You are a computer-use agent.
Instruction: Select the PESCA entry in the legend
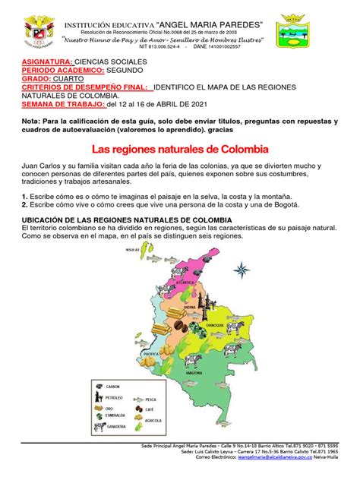tap(151, 399)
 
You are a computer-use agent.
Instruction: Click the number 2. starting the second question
tap(25, 204)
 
